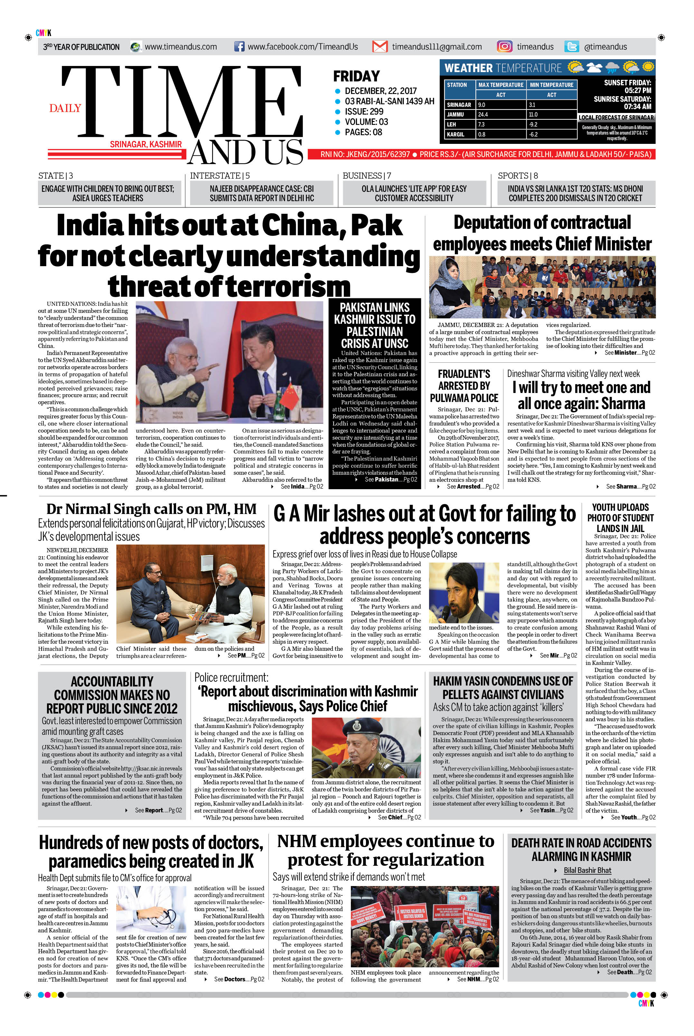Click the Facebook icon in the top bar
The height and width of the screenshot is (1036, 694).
click(239, 46)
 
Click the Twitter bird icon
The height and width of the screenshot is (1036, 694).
click(571, 46)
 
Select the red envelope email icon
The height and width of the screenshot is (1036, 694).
click(380, 46)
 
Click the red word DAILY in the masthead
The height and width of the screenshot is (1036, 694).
click(65, 108)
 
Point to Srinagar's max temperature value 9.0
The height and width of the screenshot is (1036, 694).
click(482, 105)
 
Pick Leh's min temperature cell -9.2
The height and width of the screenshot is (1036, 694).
click(533, 124)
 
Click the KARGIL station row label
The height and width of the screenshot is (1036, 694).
click(455, 134)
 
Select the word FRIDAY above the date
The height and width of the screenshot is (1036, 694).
click(356, 76)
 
